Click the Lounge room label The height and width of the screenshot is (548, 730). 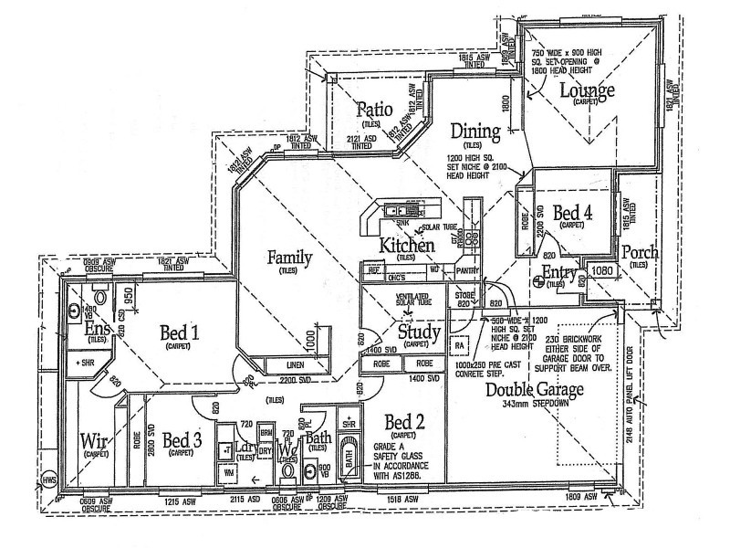[x=587, y=90]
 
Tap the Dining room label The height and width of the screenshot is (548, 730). [x=474, y=132]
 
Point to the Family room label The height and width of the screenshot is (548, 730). [x=289, y=258]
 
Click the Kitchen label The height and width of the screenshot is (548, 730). [x=406, y=245]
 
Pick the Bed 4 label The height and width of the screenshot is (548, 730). [x=572, y=213]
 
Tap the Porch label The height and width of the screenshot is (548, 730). [x=638, y=252]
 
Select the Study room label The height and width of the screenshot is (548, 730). [x=420, y=331]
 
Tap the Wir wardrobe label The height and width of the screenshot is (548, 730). [x=95, y=442]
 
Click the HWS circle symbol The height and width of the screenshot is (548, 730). [x=48, y=483]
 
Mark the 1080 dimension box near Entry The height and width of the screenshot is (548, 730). [x=603, y=271]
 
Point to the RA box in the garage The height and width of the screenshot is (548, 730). [x=461, y=346]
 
